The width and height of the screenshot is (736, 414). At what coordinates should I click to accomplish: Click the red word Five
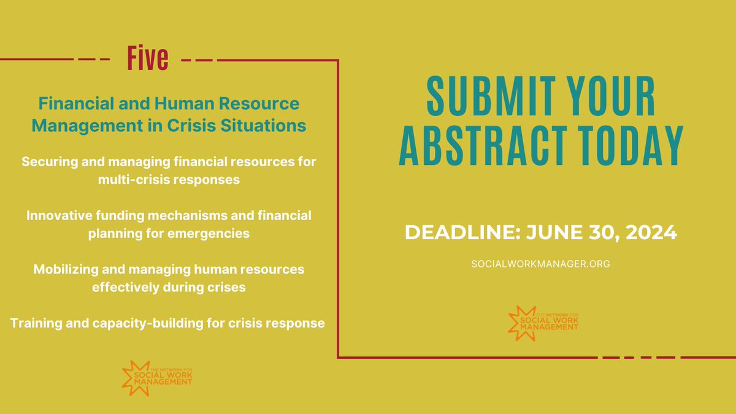pos(147,59)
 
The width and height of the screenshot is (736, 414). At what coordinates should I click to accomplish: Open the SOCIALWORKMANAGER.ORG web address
pos(540,263)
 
